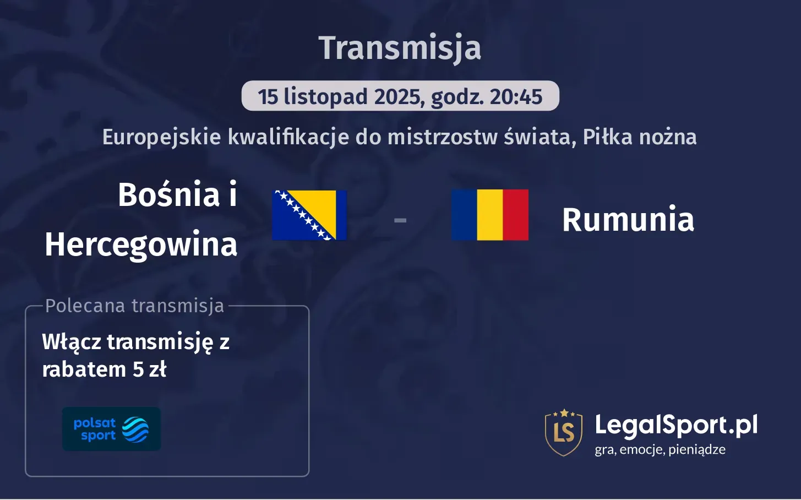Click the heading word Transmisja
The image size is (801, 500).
point(400,48)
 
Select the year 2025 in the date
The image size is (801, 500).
point(399,97)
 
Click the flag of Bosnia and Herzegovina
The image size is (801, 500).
point(309,215)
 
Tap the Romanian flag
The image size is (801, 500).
point(489,215)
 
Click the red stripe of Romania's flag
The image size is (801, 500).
point(515,215)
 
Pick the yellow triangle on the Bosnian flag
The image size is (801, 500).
point(319,206)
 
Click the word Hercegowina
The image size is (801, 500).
point(141,244)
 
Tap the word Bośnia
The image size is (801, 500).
point(169,194)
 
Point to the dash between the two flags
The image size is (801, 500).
point(400,220)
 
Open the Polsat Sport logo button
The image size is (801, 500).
point(111,429)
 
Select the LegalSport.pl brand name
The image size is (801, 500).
point(676,425)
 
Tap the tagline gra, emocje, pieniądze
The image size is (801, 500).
point(660,449)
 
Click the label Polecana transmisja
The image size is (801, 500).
point(135,306)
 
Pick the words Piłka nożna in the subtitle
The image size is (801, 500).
point(640,137)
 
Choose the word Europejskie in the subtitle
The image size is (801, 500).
point(162,137)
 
